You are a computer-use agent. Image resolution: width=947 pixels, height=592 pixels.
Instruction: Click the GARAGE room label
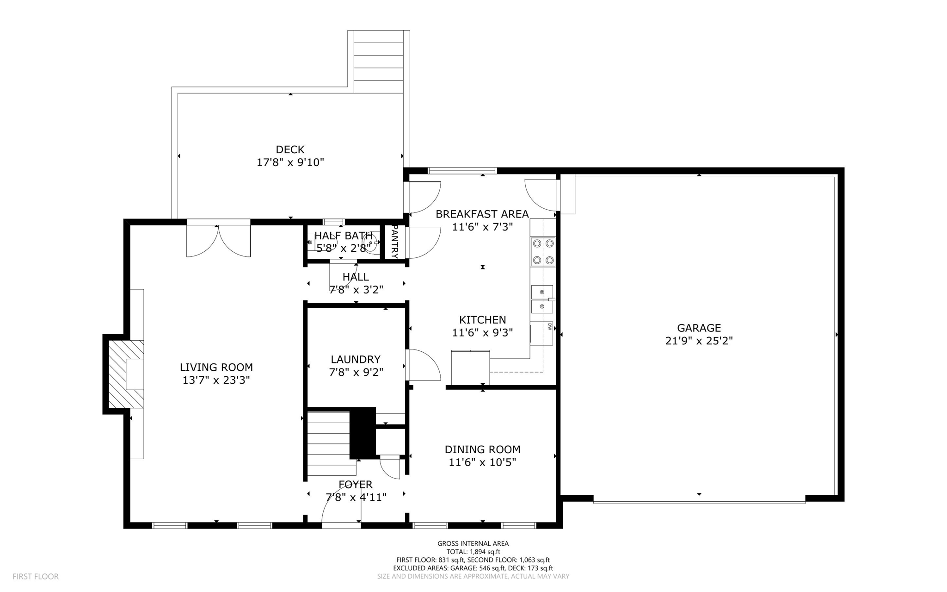[699, 328]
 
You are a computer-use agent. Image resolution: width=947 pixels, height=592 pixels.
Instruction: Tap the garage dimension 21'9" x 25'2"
[699, 341]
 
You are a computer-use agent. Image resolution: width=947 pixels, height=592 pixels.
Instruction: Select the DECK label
[290, 150]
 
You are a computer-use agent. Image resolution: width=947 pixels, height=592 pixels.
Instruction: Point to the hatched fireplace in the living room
[125, 374]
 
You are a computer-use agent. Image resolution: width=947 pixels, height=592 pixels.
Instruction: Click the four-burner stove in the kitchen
[543, 252]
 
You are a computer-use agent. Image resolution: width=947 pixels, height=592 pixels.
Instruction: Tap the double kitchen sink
[542, 299]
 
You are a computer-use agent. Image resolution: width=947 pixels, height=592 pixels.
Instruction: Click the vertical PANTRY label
[394, 241]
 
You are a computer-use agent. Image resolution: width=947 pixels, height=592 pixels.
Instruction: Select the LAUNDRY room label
[355, 359]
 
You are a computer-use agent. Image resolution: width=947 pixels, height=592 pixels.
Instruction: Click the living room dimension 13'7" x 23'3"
[216, 380]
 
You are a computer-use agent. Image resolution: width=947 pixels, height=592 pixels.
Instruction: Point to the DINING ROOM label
[482, 449]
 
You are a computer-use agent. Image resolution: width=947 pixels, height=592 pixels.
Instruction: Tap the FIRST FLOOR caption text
[36, 577]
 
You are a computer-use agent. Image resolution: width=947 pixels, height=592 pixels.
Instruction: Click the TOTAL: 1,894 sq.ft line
[473, 552]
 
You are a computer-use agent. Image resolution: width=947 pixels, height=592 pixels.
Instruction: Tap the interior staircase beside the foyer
[328, 443]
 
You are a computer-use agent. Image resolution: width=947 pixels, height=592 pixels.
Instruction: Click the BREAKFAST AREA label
[482, 214]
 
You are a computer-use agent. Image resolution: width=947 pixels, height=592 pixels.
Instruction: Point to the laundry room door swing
[423, 365]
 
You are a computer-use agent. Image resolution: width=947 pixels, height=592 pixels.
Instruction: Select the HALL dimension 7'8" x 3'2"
[356, 290]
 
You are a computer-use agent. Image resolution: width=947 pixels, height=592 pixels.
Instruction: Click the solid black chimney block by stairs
[363, 432]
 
